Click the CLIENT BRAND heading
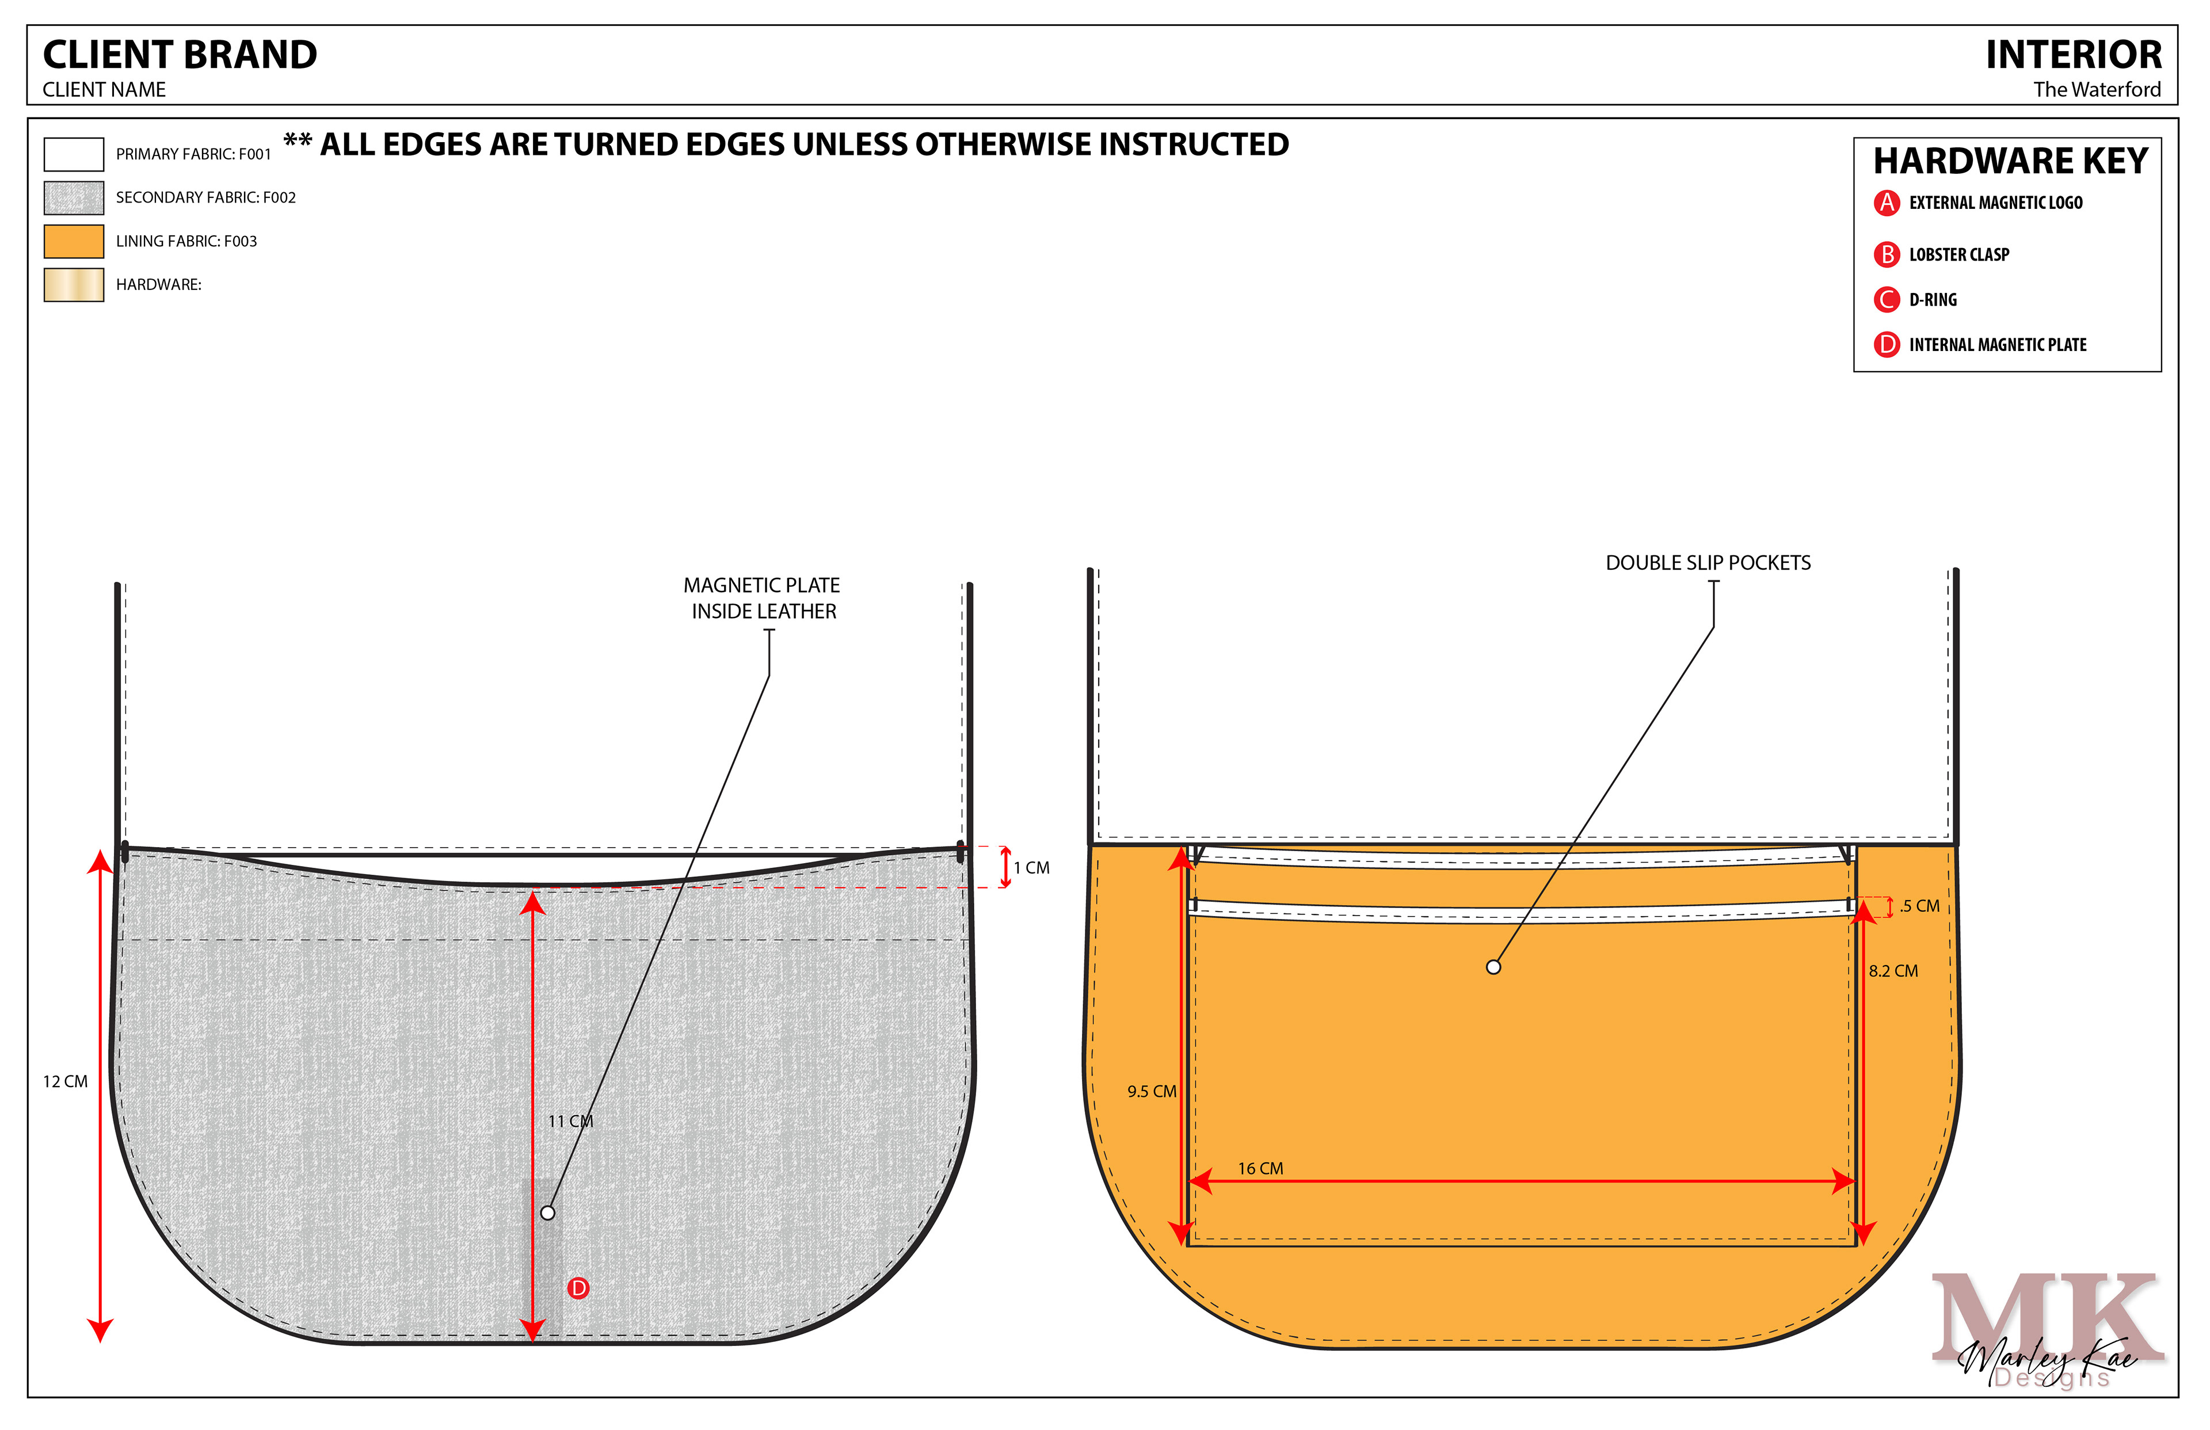click(x=180, y=55)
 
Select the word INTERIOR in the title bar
click(x=2072, y=55)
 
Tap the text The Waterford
click(x=2097, y=90)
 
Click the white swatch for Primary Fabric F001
click(x=73, y=154)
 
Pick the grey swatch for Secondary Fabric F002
click(x=73, y=198)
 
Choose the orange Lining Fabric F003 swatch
click(x=73, y=242)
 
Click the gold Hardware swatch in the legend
click(x=73, y=285)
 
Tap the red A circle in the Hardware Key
click(x=1886, y=203)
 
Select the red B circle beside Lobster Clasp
click(x=1886, y=254)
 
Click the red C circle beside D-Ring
click(x=1886, y=299)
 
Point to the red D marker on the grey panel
click(x=578, y=1288)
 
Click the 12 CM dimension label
click(x=65, y=1082)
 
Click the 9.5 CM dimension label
click(x=1152, y=1092)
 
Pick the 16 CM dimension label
click(x=1260, y=1169)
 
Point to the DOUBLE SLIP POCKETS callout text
click(x=1708, y=563)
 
